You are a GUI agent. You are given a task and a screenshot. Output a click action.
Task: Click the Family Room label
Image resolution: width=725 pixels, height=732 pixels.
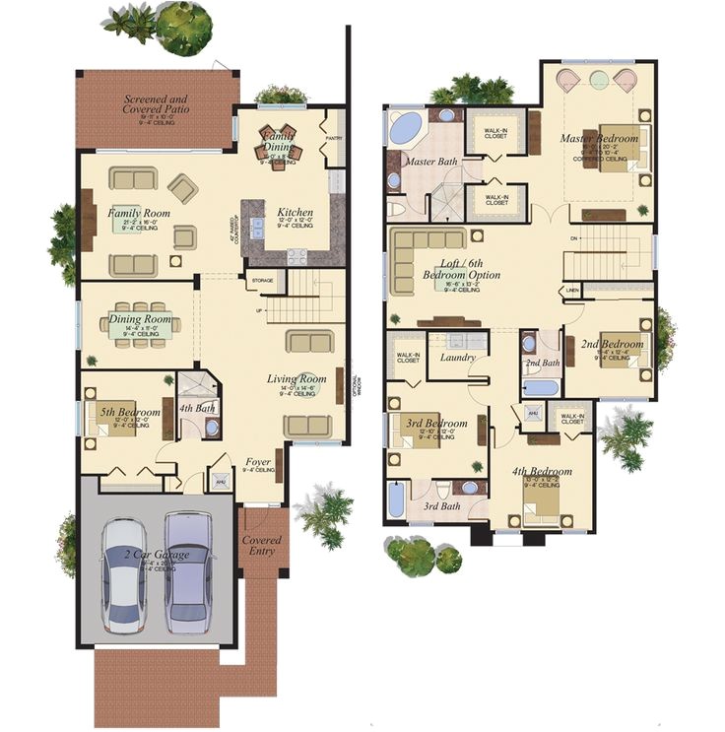coord(139,213)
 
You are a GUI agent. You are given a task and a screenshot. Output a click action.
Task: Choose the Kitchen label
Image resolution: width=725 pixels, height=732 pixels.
coord(295,213)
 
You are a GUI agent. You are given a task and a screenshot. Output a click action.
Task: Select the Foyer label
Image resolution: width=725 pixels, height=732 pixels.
coord(258,461)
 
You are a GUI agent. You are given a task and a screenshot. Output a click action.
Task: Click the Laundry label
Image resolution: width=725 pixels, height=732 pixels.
coord(458,358)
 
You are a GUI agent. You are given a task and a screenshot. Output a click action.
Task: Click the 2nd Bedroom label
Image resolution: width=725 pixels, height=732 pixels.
coord(611,345)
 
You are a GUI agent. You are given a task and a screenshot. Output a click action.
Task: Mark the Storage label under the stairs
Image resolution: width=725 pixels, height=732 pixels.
coord(262,281)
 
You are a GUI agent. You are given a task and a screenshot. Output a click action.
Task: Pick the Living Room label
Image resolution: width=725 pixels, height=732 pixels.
coord(297,378)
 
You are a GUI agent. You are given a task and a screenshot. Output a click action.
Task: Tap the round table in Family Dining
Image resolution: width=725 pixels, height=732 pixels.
coord(278,148)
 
